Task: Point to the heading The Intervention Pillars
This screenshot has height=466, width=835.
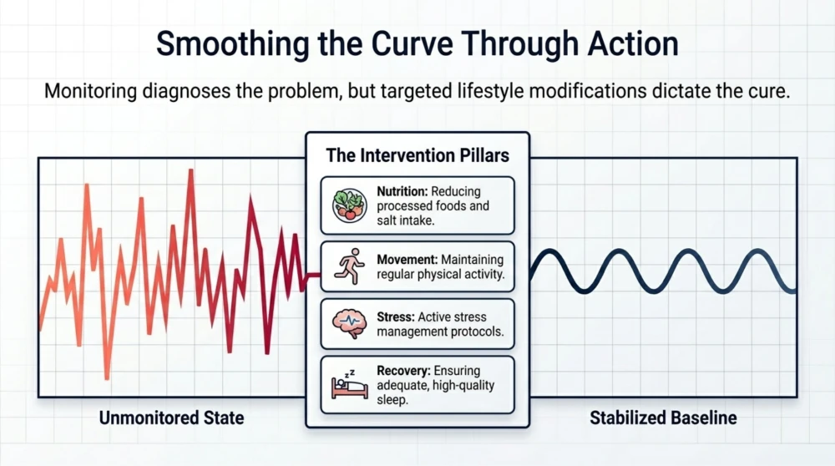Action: pyautogui.click(x=417, y=155)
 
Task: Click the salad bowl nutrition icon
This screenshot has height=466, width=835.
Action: pyautogui.click(x=350, y=205)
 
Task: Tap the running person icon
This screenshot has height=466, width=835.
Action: pyautogui.click(x=349, y=266)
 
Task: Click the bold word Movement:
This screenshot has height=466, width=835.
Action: pyautogui.click(x=407, y=260)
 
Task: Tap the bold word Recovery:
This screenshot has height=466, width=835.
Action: pyautogui.click(x=405, y=371)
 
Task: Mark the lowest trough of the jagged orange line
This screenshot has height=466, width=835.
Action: pyautogui.click(x=107, y=377)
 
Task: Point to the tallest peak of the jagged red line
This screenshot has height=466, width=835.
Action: pyautogui.click(x=192, y=170)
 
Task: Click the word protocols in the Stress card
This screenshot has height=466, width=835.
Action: pyautogui.click(x=477, y=332)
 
